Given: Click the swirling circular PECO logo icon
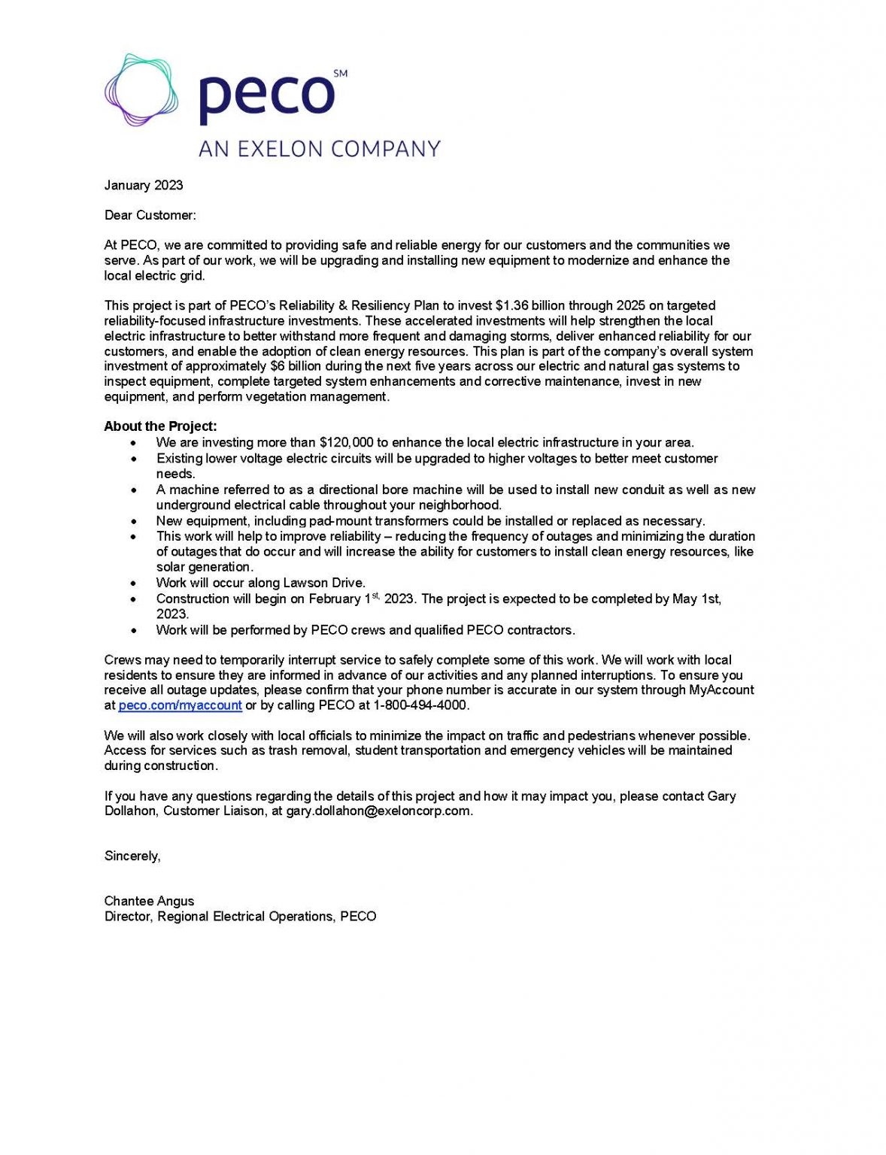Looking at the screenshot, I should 141,90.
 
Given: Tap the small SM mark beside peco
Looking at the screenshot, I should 340,74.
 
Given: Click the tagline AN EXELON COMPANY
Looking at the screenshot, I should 319,149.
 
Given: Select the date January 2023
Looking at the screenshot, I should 144,185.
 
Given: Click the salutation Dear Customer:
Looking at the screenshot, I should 150,215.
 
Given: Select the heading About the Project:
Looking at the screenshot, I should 160,426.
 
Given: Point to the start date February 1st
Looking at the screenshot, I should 343,599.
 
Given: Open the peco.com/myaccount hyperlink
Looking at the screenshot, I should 180,705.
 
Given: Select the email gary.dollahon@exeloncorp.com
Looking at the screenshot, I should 378,811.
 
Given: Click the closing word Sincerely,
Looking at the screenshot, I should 132,856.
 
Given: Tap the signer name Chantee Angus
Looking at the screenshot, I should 149,901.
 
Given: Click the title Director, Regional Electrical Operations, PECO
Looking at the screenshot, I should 240,916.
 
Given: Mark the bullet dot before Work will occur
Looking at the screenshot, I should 133,584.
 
